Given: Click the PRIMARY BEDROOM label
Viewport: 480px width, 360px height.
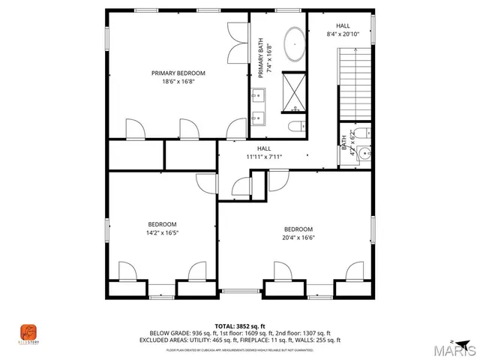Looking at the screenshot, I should [178, 73].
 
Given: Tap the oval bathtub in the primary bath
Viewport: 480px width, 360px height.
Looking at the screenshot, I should [293, 46].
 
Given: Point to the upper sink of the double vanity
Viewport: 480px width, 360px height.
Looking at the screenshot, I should [259, 94].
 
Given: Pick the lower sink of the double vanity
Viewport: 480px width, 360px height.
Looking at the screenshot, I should [259, 116].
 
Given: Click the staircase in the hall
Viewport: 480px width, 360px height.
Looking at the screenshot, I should [355, 83].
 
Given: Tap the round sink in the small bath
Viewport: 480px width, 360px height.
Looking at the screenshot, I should [364, 155].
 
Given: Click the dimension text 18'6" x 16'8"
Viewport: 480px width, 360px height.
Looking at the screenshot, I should [178, 82].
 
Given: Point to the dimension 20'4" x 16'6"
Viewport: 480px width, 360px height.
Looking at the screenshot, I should [298, 238].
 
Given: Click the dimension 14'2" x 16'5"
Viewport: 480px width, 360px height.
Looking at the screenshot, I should [162, 232].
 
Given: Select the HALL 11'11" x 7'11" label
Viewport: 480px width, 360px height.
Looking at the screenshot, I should [263, 153].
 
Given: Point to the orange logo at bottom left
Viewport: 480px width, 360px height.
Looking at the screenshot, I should [28, 331].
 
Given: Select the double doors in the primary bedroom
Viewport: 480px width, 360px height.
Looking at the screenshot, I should [238, 43].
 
